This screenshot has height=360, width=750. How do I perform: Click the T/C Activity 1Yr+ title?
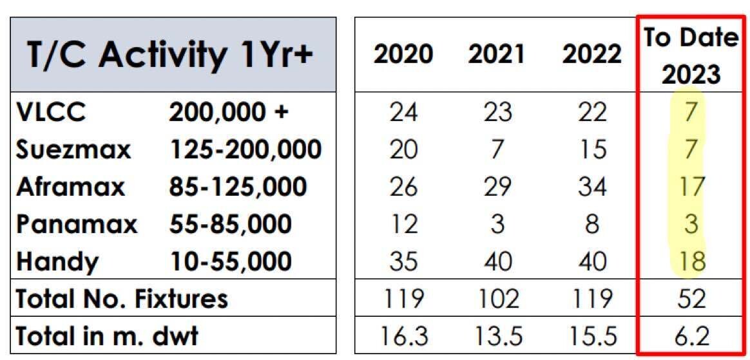(x=170, y=55)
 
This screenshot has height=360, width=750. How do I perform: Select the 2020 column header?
(x=403, y=55)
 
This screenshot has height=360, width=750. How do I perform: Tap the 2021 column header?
(x=497, y=55)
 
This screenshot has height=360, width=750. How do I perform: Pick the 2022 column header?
(x=591, y=55)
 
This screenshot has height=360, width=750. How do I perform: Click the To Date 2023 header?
(x=690, y=55)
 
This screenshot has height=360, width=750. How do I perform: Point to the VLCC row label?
(x=52, y=113)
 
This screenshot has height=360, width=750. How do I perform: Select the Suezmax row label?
(x=73, y=150)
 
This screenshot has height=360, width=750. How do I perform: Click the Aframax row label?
(x=70, y=187)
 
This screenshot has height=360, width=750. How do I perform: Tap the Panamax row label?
(x=77, y=224)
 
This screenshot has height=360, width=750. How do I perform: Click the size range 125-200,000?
(x=245, y=150)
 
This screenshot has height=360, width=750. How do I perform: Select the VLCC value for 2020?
(x=403, y=113)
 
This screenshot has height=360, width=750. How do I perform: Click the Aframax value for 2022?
(x=591, y=187)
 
